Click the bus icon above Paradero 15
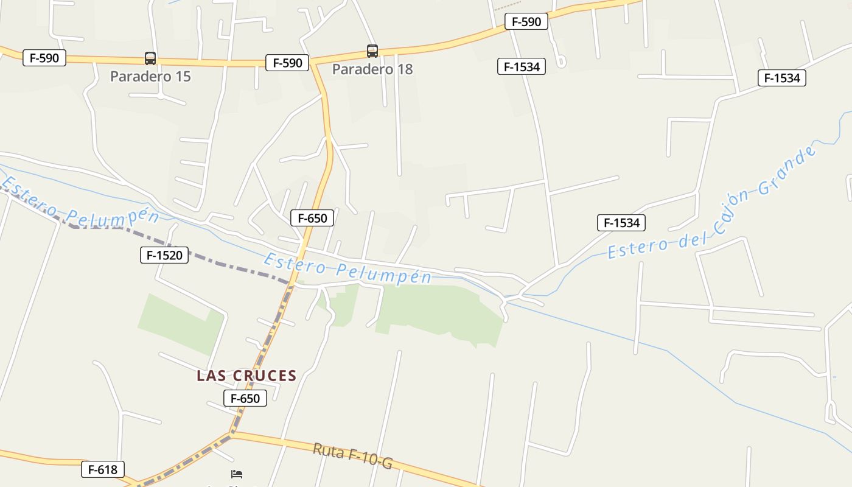[x=150, y=58]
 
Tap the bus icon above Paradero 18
[x=372, y=51]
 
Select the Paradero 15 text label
[x=150, y=77]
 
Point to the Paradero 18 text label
[x=372, y=69]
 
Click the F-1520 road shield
[x=164, y=255]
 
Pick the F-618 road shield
[x=103, y=469]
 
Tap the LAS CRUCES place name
[x=246, y=376]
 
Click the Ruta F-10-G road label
[x=352, y=457]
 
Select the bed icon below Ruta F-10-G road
[x=237, y=474]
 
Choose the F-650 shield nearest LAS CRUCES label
[x=245, y=399]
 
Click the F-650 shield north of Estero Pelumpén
[x=312, y=218]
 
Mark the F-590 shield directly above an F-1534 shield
[x=526, y=22]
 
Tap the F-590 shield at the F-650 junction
[x=287, y=63]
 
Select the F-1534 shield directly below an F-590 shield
[x=522, y=66]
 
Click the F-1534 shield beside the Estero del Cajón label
[x=621, y=223]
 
